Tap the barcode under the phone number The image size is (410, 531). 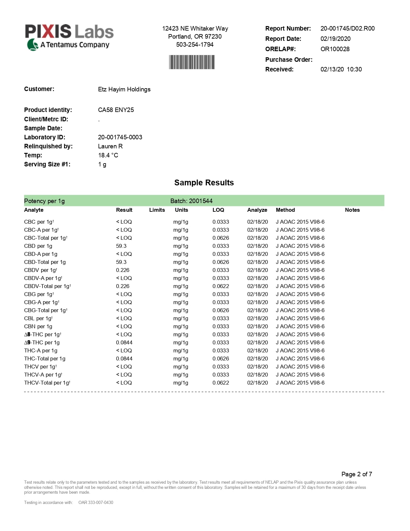[x=192, y=62]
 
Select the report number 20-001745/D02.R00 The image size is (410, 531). [x=347, y=28]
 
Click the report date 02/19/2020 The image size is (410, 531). [x=335, y=39]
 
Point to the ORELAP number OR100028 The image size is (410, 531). [x=335, y=49]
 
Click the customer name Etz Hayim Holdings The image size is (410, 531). [x=124, y=89]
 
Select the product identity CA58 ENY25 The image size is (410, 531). [x=116, y=110]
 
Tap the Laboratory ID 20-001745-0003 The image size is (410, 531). [x=120, y=137]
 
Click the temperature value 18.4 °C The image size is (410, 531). [x=108, y=155]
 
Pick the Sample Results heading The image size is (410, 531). [x=204, y=182]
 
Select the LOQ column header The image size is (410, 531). [x=218, y=210]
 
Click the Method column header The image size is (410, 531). [x=285, y=210]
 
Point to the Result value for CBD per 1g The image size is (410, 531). [x=121, y=246]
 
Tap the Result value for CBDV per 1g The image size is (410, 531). [x=123, y=270]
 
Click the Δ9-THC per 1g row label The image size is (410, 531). [x=42, y=342]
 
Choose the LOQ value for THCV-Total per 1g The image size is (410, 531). [x=221, y=383]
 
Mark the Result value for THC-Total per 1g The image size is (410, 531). [x=124, y=359]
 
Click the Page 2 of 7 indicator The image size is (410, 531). [x=357, y=474]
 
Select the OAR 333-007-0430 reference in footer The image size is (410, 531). [x=96, y=502]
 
